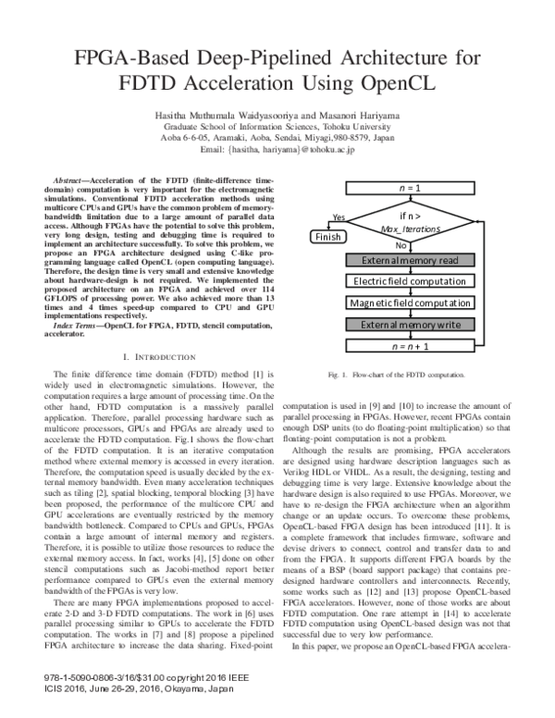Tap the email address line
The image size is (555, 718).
(x=277, y=149)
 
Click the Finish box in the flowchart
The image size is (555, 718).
(x=327, y=237)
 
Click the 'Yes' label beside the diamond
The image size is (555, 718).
(x=338, y=217)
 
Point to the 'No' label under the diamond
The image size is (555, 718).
(x=401, y=246)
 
